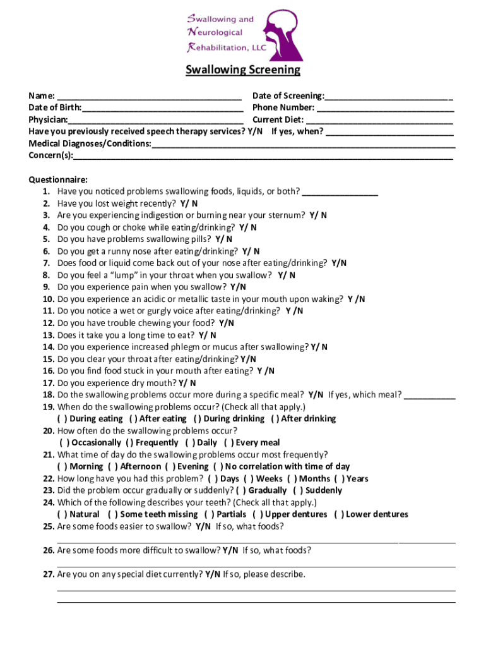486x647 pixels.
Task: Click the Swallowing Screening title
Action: click(x=243, y=70)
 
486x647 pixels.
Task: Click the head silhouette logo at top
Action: click(x=278, y=32)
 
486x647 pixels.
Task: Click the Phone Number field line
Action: click(x=385, y=109)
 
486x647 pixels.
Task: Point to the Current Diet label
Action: click(x=278, y=120)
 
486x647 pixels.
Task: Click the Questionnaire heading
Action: click(x=58, y=179)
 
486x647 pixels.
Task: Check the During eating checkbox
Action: click(x=62, y=419)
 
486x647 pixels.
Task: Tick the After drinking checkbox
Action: click(x=275, y=419)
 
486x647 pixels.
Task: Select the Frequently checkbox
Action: click(x=129, y=443)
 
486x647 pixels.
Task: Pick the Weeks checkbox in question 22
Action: click(x=249, y=479)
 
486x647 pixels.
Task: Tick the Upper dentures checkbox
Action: click(x=258, y=515)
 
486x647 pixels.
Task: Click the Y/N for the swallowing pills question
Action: click(x=223, y=239)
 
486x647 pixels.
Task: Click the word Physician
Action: click(x=48, y=120)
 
